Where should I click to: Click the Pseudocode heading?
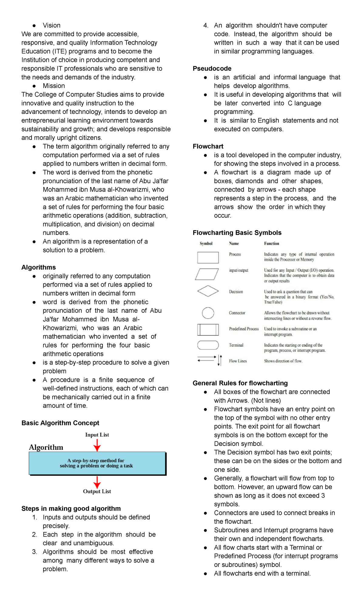pyautogui.click(x=212, y=69)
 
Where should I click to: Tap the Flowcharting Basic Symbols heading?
pyautogui.click(x=237, y=233)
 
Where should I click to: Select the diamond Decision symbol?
pyautogui.click(x=208, y=291)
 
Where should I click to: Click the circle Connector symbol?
pyautogui.click(x=208, y=313)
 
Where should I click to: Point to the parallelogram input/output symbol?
pyautogui.click(x=207, y=274)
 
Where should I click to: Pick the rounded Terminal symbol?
pyautogui.click(x=208, y=345)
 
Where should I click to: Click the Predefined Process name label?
pyautogui.click(x=244, y=329)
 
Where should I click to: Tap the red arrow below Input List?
pyautogui.click(x=97, y=445)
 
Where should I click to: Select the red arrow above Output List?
pyautogui.click(x=97, y=482)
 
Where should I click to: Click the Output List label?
pyautogui.click(x=97, y=491)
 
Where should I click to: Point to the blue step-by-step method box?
pyautogui.click(x=97, y=463)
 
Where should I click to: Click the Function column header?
pyautogui.click(x=271, y=243)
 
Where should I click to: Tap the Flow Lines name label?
pyautogui.click(x=238, y=361)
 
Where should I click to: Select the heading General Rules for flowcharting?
pyautogui.click(x=240, y=383)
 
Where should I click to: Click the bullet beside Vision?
pyautogui.click(x=34, y=25)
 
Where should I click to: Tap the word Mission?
pyautogui.click(x=54, y=86)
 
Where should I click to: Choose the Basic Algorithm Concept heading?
pyautogui.click(x=60, y=423)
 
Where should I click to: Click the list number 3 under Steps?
pyautogui.click(x=35, y=552)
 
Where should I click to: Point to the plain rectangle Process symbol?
pyautogui.click(x=208, y=257)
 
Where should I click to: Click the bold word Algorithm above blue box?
pyautogui.click(x=46, y=447)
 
